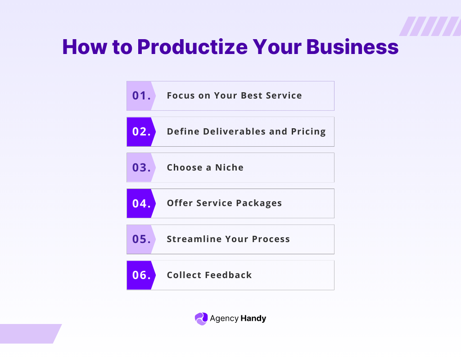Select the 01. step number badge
point(141,95)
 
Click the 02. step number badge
point(141,131)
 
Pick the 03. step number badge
point(141,167)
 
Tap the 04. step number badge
point(141,203)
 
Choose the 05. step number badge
point(141,239)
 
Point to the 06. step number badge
point(141,275)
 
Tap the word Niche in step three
point(229,167)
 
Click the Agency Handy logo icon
point(201,319)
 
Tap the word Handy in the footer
point(253,319)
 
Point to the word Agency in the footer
point(224,319)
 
